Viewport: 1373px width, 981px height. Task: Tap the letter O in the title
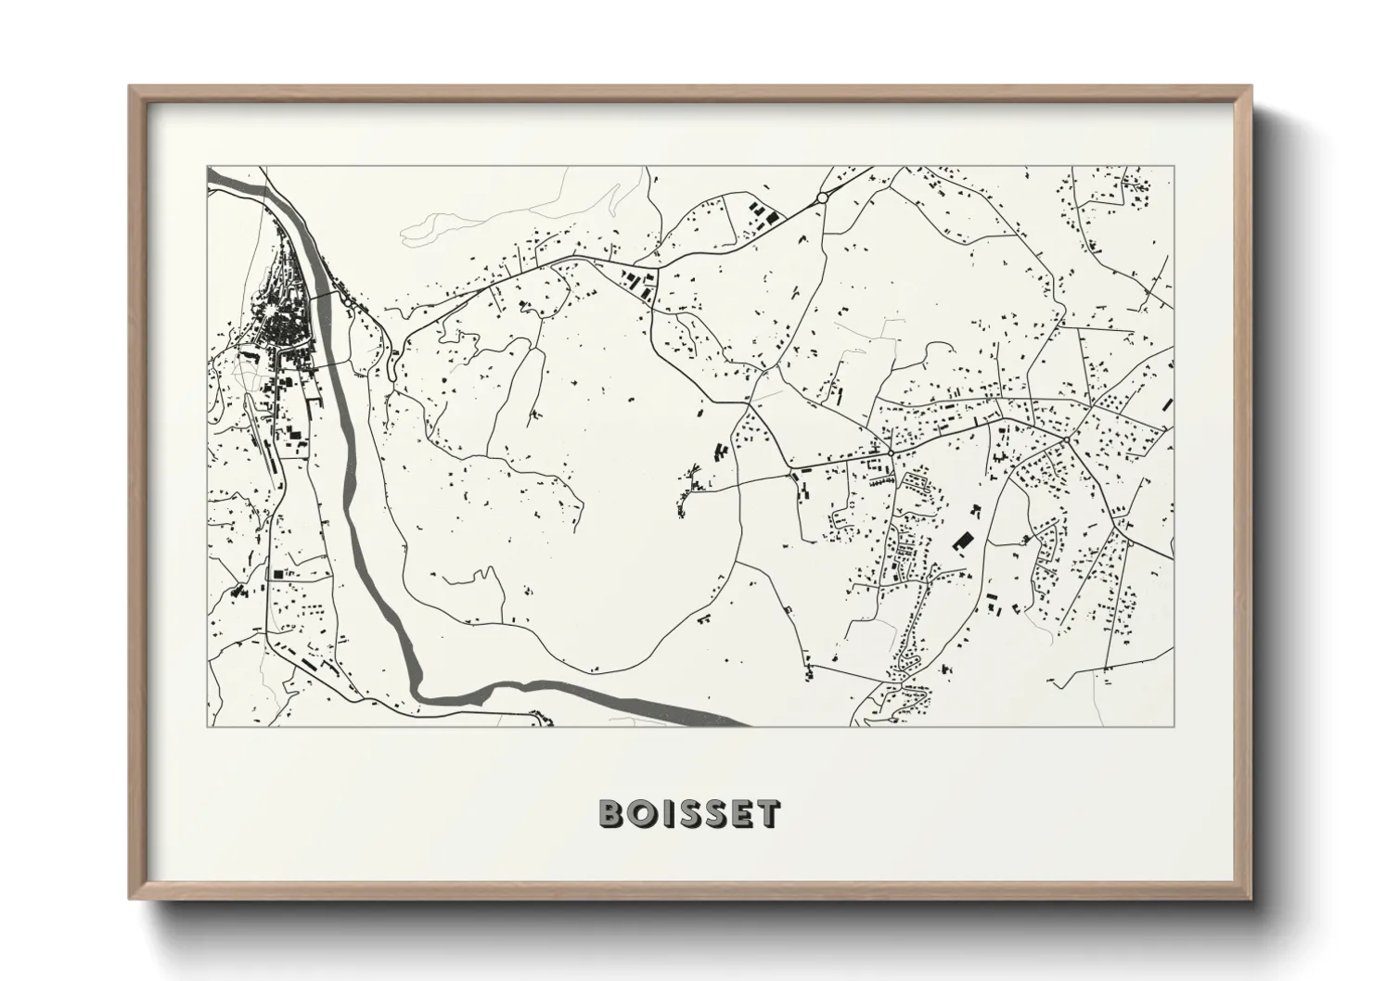point(638,813)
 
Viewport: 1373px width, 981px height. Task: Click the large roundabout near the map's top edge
point(821,197)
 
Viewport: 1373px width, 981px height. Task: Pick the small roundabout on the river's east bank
point(346,300)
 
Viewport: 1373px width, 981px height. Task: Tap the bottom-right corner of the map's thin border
point(1174,726)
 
